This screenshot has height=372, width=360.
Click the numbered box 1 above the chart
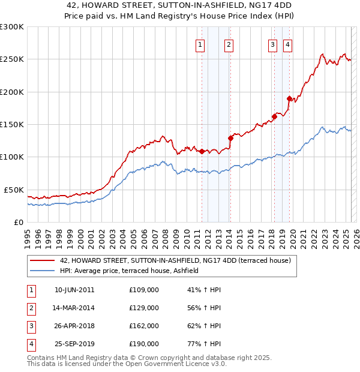click(x=200, y=44)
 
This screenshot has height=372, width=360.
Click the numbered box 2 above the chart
click(x=229, y=44)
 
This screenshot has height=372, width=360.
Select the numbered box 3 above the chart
click(x=272, y=44)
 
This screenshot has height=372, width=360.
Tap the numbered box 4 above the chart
click(x=287, y=44)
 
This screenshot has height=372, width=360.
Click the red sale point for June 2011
click(x=202, y=151)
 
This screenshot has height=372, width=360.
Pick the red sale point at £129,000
click(x=231, y=138)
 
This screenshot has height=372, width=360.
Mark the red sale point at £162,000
click(x=274, y=116)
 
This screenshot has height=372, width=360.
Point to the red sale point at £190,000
click(x=289, y=98)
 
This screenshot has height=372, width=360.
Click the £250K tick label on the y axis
click(x=12, y=59)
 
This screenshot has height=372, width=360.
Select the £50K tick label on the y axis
click(x=13, y=190)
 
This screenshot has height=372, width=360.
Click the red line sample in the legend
click(x=41, y=260)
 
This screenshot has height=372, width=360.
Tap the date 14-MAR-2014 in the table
click(x=74, y=308)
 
